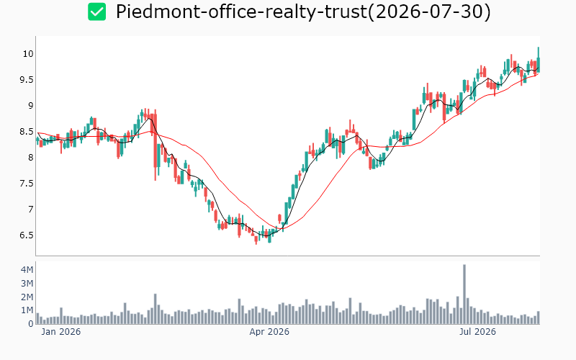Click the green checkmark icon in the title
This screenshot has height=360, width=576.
[97, 12]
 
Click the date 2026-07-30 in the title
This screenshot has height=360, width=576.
[430, 12]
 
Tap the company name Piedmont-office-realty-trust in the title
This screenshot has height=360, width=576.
[241, 12]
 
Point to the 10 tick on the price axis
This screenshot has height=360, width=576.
[28, 54]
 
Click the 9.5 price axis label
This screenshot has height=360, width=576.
[27, 80]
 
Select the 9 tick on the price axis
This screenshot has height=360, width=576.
[31, 106]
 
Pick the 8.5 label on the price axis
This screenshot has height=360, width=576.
[27, 132]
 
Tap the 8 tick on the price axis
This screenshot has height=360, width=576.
[31, 158]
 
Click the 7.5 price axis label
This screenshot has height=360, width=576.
[27, 184]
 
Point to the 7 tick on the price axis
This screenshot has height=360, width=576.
[31, 210]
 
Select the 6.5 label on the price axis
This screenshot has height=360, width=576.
[27, 235]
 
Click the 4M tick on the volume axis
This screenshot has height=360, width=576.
[27, 270]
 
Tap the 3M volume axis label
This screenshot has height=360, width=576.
[27, 284]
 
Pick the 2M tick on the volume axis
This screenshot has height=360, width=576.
[27, 297]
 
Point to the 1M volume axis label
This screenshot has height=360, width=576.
[27, 310]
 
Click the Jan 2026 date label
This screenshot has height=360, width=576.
[61, 332]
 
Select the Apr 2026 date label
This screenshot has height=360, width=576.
[269, 332]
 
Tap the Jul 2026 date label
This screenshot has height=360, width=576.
[477, 332]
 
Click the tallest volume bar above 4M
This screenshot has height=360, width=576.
[464, 294]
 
